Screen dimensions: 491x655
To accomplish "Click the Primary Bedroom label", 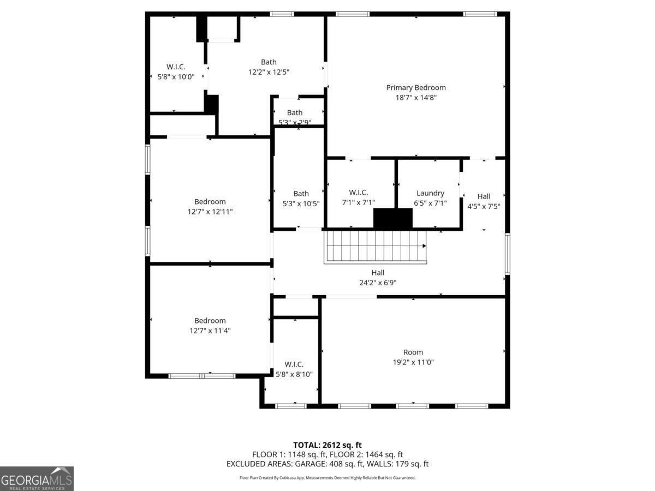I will click(416, 87).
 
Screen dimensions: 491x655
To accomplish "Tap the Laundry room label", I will click(430, 193).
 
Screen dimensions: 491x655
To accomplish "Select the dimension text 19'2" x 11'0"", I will click(413, 362).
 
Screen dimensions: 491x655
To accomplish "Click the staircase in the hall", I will click(375, 247).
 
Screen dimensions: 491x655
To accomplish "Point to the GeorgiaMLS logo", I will click(37, 478).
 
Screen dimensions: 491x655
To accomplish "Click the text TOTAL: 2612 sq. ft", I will click(327, 445).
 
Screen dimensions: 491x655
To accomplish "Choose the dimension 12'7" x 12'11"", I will click(210, 212).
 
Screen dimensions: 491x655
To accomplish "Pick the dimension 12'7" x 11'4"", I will click(210, 331).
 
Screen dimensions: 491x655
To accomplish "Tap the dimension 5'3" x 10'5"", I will click(301, 203).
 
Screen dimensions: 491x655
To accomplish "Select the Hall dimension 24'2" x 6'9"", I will click(378, 283).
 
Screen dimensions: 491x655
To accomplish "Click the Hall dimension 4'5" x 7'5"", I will click(484, 206).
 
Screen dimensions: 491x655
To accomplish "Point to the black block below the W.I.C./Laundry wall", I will click(392, 218).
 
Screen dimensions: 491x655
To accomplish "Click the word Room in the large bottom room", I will click(413, 352).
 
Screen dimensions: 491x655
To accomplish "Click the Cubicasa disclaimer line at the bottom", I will click(327, 477).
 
